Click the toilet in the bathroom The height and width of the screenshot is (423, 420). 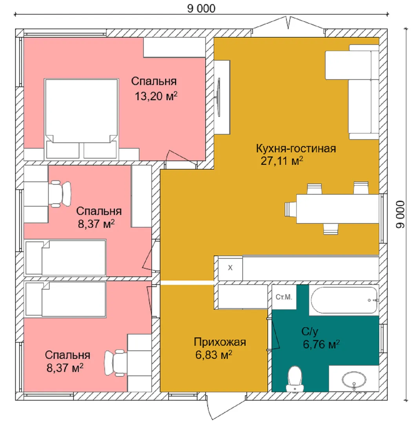click(295, 379)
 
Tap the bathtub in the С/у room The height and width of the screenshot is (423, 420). click(344, 300)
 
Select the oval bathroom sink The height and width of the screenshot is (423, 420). click(354, 380)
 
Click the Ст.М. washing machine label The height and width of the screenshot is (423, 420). click(284, 297)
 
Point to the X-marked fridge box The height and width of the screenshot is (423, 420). click(230, 268)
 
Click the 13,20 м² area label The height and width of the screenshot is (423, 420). click(156, 96)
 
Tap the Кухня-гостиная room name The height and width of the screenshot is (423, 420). click(296, 148)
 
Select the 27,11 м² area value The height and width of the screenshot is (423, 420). click(282, 161)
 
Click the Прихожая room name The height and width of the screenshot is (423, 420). click(220, 342)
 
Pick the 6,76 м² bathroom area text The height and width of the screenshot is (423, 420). click(321, 344)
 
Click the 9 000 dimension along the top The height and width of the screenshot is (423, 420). click(201, 8)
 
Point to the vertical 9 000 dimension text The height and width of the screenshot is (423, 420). click(400, 214)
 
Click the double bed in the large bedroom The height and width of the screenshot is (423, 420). click(81, 119)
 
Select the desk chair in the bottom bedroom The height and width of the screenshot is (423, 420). click(115, 363)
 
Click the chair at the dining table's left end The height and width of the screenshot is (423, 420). click(291, 209)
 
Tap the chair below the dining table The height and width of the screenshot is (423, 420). click(331, 229)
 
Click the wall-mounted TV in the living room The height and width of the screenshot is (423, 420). click(218, 98)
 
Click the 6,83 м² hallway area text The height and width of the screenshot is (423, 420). click(214, 354)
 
